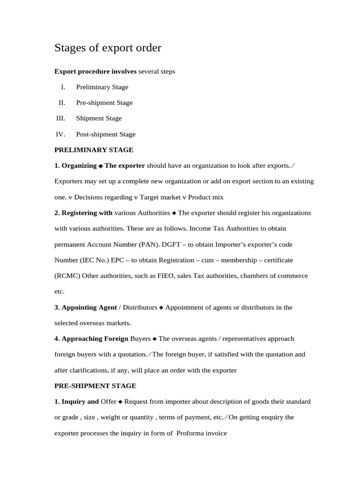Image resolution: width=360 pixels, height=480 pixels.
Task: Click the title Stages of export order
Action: [108, 48]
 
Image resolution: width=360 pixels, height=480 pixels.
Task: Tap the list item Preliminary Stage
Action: [102, 87]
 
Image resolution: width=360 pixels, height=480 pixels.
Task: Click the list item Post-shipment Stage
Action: [105, 134]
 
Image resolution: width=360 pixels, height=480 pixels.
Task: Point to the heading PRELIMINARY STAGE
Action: [94, 150]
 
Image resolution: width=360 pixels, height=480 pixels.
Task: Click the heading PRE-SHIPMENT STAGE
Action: [95, 386]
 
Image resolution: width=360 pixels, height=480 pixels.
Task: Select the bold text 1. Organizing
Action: [75, 165]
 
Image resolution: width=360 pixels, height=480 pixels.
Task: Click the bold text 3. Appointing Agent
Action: [86, 307]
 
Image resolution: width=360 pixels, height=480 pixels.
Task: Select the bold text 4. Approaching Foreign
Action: [91, 338]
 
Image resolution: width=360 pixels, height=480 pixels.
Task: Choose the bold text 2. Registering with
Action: [83, 213]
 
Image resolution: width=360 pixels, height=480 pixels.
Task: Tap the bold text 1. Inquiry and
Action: [76, 402]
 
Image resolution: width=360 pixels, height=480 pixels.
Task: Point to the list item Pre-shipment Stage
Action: [104, 103]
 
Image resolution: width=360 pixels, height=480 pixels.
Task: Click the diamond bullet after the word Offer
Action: [120, 402]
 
